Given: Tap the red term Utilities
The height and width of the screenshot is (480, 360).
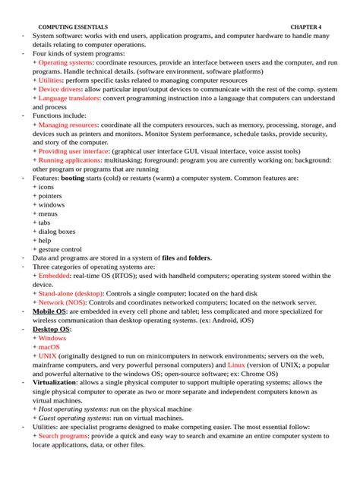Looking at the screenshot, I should coord(51,80).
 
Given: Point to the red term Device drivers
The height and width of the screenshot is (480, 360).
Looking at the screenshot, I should coord(60,89).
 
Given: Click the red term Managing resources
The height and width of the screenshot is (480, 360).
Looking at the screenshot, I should coord(68,124).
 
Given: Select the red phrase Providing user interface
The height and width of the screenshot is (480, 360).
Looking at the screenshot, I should coord(74,150).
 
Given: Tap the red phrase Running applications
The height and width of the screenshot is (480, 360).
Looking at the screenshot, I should coord(71,159).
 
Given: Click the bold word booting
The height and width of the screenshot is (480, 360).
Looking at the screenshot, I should coord(73,177).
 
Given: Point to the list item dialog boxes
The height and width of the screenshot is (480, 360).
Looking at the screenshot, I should coord(57,231).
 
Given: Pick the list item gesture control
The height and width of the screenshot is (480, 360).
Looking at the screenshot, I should coord(60,248).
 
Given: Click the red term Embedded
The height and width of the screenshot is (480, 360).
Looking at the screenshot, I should coord(54,276).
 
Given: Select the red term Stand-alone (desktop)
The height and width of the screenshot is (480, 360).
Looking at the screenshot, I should coord(71,293).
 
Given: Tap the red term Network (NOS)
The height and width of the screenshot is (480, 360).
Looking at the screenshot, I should coord(62,302).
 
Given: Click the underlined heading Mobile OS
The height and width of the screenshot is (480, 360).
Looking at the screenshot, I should coord(49,311).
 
